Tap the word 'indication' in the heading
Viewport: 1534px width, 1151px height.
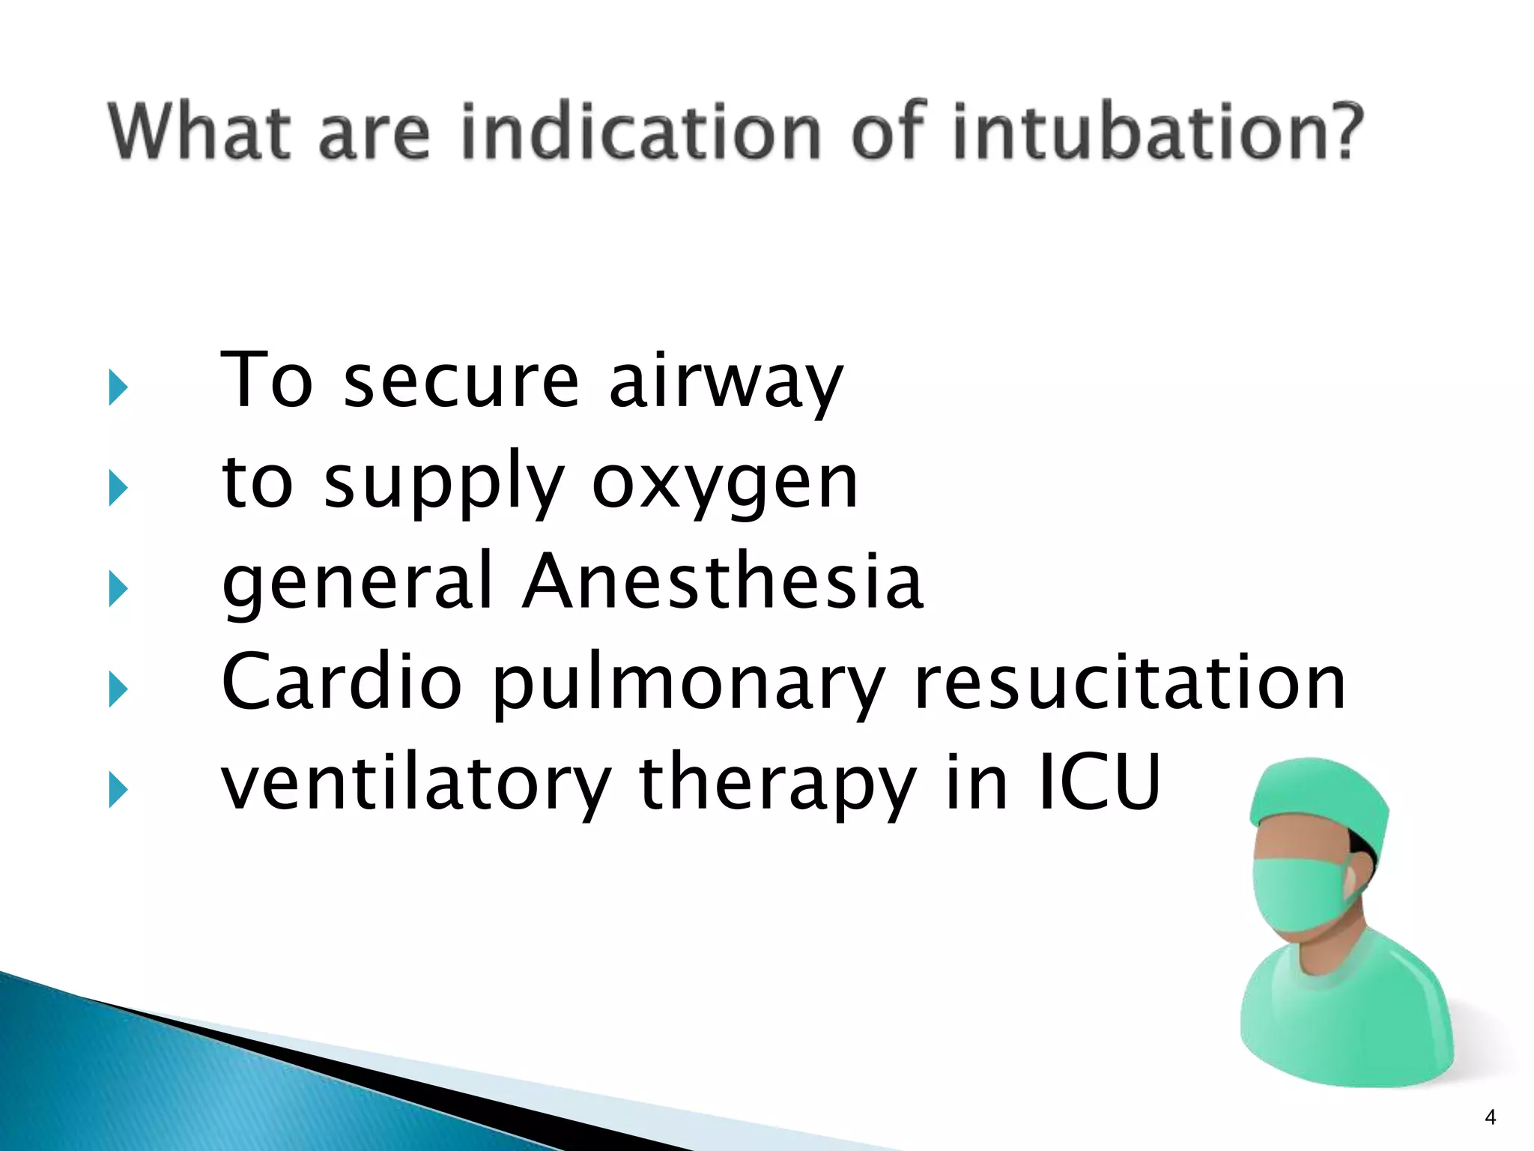pos(641,133)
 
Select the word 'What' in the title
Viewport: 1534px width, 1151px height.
pos(199,133)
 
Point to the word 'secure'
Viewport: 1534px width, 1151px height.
pos(461,383)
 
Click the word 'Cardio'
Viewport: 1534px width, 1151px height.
pos(342,683)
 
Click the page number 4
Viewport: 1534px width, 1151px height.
pos(1490,1117)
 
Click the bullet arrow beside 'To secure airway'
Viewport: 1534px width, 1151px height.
pos(118,387)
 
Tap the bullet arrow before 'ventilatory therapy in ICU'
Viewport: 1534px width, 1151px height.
pos(118,790)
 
